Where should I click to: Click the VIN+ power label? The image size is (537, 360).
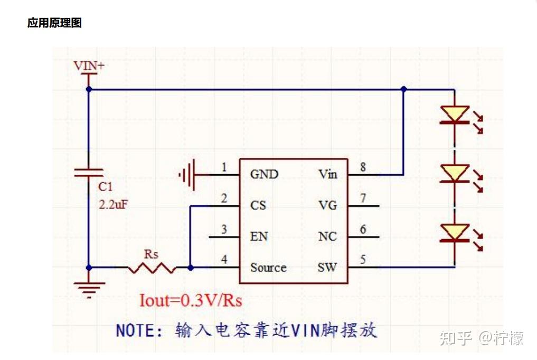coord(89,65)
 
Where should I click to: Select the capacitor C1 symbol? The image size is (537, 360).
coord(89,173)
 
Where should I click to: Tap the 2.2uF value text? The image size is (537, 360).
coord(113,204)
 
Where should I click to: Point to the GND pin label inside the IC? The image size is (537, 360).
coord(264,174)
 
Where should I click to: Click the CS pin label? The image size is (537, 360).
coord(258,205)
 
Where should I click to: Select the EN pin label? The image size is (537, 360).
coord(259,236)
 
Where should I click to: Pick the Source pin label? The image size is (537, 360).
coord(268,268)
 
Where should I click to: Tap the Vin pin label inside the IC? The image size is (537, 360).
coord(327,174)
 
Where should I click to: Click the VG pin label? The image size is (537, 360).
coord(327,205)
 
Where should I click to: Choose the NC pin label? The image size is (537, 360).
coord(327,236)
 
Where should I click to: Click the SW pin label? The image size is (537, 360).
coord(327,268)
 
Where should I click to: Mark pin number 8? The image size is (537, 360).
coord(363,167)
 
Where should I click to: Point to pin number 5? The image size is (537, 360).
coord(363,260)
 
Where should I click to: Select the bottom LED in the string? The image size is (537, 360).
coord(455,233)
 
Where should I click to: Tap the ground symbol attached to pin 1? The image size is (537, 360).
coord(188,174)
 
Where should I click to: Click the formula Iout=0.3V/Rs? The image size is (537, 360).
coord(191,300)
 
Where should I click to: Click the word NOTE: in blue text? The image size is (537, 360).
coord(140,330)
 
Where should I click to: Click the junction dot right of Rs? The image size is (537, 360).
coord(191,268)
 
